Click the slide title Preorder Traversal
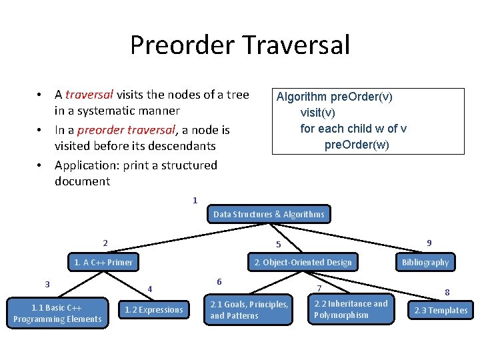click(x=239, y=45)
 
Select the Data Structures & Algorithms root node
click(x=269, y=214)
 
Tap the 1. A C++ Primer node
click(x=103, y=262)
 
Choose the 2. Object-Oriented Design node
click(x=303, y=262)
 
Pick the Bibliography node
click(x=425, y=262)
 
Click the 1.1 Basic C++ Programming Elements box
click(x=57, y=313)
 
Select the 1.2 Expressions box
click(x=153, y=309)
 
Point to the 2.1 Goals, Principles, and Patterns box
click(x=249, y=309)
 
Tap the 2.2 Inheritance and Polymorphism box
click(x=351, y=309)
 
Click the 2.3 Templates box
click(x=441, y=310)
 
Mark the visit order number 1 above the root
click(x=195, y=200)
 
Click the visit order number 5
click(x=279, y=245)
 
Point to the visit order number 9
click(x=429, y=243)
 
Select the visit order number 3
click(x=47, y=284)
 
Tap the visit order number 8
click(x=447, y=291)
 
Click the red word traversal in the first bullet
click(x=89, y=95)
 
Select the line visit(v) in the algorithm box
click(x=318, y=113)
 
